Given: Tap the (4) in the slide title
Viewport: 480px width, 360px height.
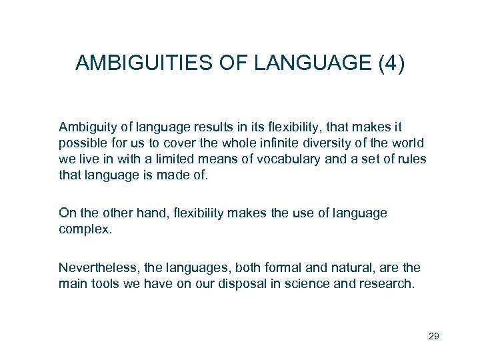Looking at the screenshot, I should [391, 64].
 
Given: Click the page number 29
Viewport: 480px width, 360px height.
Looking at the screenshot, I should [433, 336].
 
